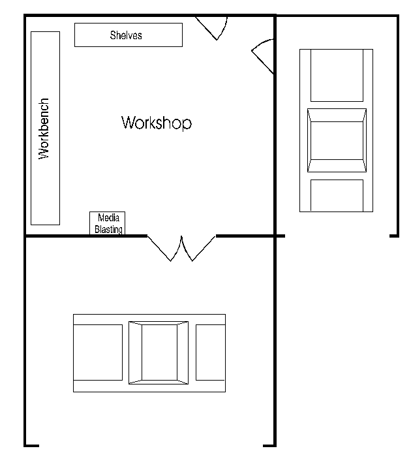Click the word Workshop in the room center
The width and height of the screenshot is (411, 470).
click(x=157, y=123)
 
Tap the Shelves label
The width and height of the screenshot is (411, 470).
click(x=126, y=35)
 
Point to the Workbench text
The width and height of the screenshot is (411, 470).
click(x=44, y=129)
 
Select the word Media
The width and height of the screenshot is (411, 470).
click(x=108, y=217)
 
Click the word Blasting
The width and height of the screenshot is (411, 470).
click(x=108, y=229)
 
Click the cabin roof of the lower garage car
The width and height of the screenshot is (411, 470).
click(x=159, y=352)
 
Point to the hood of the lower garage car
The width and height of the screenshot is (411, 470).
click(x=98, y=352)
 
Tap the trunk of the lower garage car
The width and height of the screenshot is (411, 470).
click(x=210, y=352)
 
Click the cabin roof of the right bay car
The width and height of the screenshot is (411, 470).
click(x=337, y=140)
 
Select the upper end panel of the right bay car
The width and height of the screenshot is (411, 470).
click(x=337, y=75)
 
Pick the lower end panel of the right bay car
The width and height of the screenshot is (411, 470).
click(x=337, y=195)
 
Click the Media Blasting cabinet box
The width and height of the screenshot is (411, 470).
click(x=107, y=223)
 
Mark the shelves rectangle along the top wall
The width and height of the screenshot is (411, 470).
click(x=129, y=35)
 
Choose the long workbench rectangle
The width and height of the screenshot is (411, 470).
click(x=45, y=129)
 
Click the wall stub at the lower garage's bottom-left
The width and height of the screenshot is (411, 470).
click(x=32, y=446)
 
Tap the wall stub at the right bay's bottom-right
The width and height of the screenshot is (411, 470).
click(x=394, y=236)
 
